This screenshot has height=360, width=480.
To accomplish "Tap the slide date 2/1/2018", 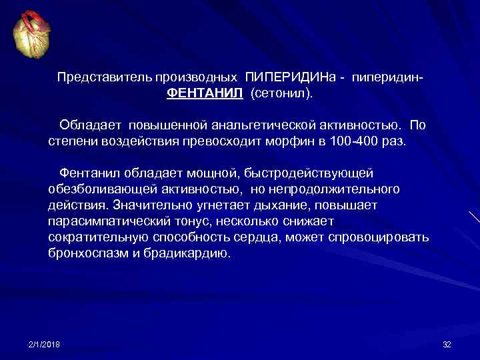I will [x=45, y=344].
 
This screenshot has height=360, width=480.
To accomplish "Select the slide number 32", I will [x=447, y=344].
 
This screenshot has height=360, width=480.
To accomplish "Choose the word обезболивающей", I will [x=99, y=189].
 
